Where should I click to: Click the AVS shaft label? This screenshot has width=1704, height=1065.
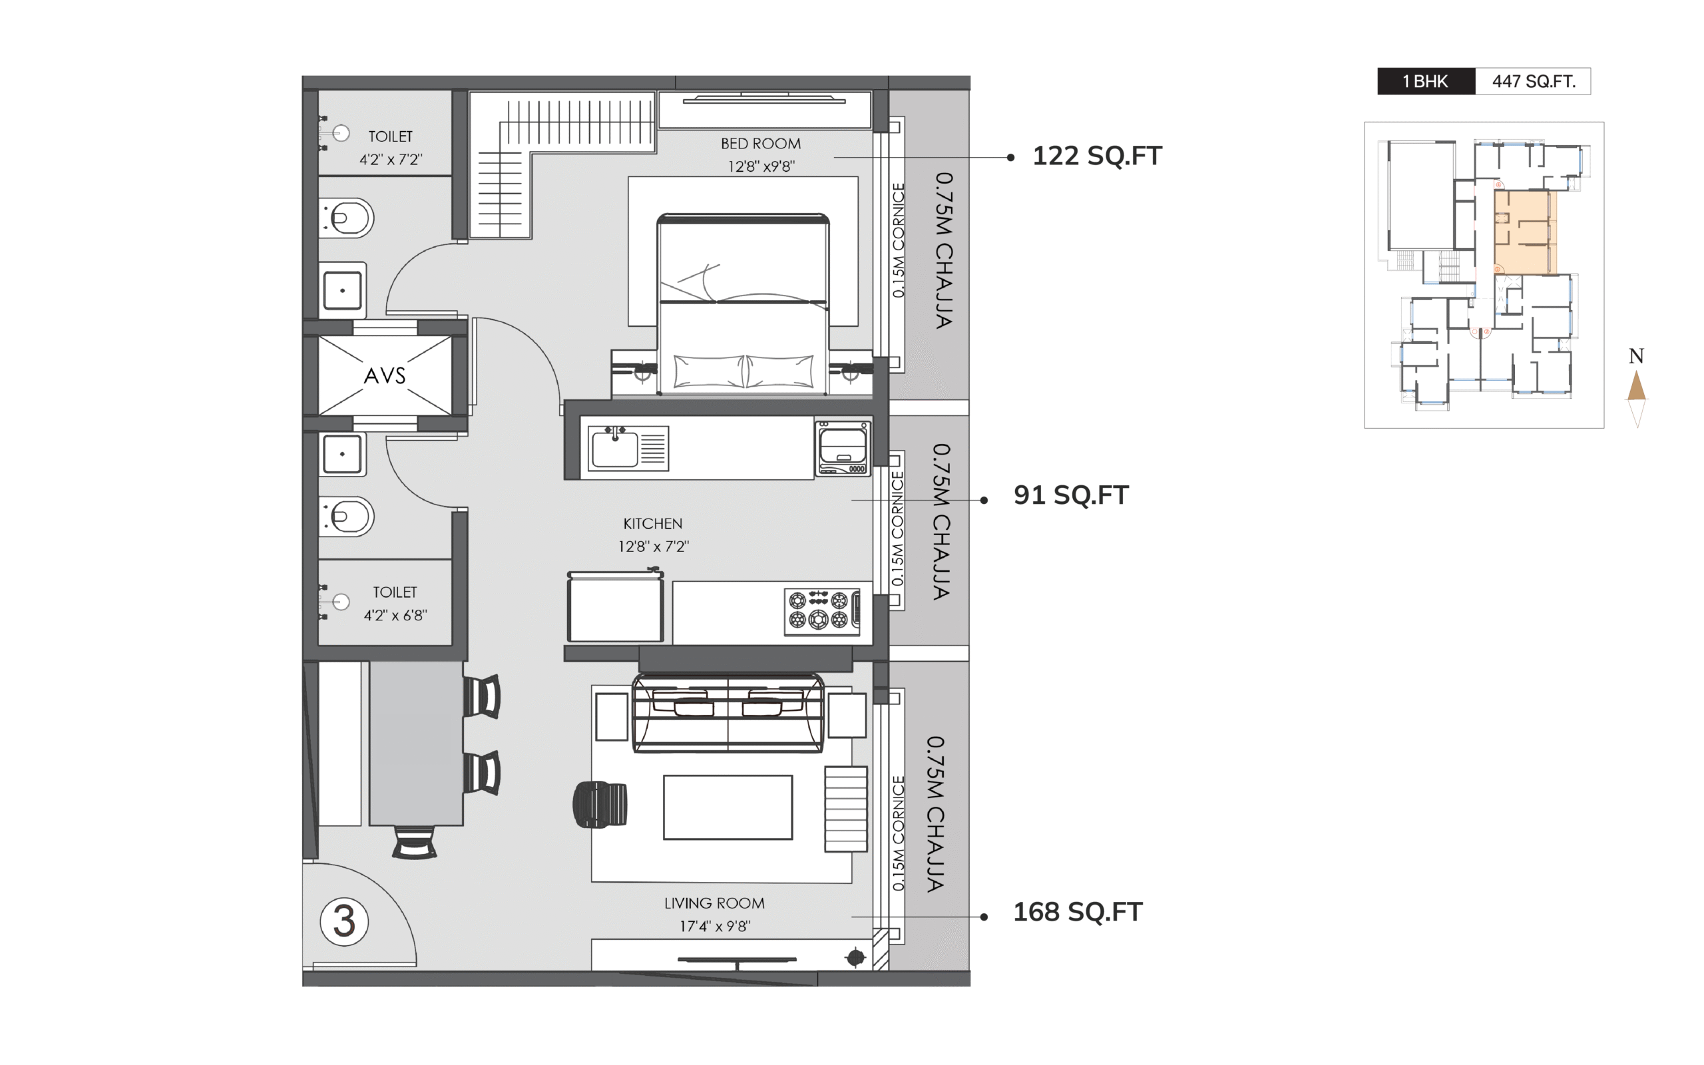coord(385,375)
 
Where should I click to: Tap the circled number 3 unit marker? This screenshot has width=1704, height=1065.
coord(344,921)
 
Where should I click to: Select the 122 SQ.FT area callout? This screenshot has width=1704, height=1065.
coord(1097,156)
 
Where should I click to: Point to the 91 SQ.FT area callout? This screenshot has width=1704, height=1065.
coord(1071,495)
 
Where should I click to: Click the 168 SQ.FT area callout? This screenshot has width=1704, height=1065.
coord(1078,912)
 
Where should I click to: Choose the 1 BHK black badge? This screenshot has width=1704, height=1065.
coord(1426,82)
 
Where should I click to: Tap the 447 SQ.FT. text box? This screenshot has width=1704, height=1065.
coord(1533,82)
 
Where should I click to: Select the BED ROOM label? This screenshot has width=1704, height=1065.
coord(760,144)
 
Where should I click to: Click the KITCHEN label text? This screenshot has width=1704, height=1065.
coord(653,524)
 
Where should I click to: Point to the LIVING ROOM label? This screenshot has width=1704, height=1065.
coord(714,903)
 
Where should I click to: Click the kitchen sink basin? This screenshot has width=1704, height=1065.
coord(615,449)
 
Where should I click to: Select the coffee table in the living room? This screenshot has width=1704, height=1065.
coord(728,807)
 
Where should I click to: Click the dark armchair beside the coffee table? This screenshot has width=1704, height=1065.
coord(599,804)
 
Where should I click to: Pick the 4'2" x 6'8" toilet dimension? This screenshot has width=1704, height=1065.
coord(395,616)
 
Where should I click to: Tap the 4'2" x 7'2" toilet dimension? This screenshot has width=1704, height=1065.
coord(391,160)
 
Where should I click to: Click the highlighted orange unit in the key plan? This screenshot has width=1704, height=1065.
coord(1524,232)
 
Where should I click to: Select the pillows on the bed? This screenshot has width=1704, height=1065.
coord(744,371)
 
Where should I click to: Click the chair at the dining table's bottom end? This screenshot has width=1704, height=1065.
coord(414,843)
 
